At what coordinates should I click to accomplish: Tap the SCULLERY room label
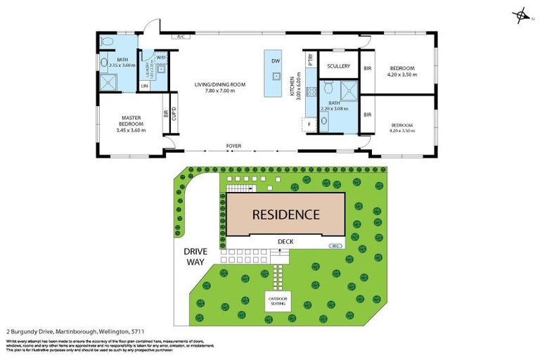coord(338,66)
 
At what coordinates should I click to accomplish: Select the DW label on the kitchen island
coord(274,60)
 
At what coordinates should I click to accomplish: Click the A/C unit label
coord(180,36)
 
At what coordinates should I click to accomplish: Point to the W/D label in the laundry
coord(161,57)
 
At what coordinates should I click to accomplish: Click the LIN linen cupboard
coord(145,86)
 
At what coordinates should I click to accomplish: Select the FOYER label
coord(233,146)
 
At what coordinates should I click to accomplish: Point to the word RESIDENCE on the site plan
coord(285,214)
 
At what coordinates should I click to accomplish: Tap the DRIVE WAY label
coord(194,256)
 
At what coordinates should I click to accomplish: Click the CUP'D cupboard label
coord(173,112)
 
